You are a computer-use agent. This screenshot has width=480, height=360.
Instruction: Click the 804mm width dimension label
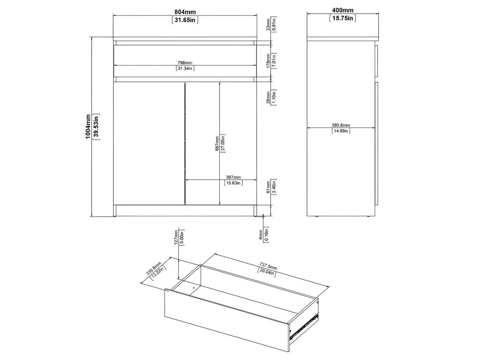pyautogui.click(x=185, y=12)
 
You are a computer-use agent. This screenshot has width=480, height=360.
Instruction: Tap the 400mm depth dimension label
pyautogui.click(x=343, y=10)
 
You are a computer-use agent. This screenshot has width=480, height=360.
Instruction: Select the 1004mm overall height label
pyautogui.click(x=88, y=127)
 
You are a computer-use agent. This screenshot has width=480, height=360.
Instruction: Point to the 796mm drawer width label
pyautogui.click(x=185, y=63)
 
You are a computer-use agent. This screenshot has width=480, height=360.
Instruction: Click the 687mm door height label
pyautogui.click(x=217, y=143)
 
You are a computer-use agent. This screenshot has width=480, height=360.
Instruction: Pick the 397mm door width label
pyautogui.click(x=233, y=177)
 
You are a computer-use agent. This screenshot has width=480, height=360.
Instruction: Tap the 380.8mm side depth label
pyautogui.click(x=341, y=125)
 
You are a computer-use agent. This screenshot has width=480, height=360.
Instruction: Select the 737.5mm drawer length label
pyautogui.click(x=268, y=265)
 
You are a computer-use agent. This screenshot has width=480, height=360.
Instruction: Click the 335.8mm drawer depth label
pyautogui.click(x=153, y=268)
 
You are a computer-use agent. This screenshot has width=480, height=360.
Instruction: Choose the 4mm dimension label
pyautogui.click(x=261, y=235)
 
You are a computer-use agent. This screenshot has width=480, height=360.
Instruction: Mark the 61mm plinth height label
pyautogui.click(x=268, y=187)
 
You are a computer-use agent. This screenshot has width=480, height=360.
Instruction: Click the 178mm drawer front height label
pyautogui.click(x=268, y=61)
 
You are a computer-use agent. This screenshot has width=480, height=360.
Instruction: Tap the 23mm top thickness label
pyautogui.click(x=268, y=24)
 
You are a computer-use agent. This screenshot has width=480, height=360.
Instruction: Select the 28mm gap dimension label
pyautogui.click(x=268, y=97)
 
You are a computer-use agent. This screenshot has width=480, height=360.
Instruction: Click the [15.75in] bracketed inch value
pyautogui.click(x=343, y=18)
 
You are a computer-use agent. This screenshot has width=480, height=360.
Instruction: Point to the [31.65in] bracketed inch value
pyautogui.click(x=185, y=20)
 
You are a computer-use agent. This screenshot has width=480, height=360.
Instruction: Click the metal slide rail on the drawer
pyautogui.click(x=304, y=326)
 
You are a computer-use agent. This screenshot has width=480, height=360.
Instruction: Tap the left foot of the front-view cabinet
pyautogui.click(x=114, y=210)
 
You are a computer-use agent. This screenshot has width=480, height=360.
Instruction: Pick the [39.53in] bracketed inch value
pyautogui.click(x=96, y=127)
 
